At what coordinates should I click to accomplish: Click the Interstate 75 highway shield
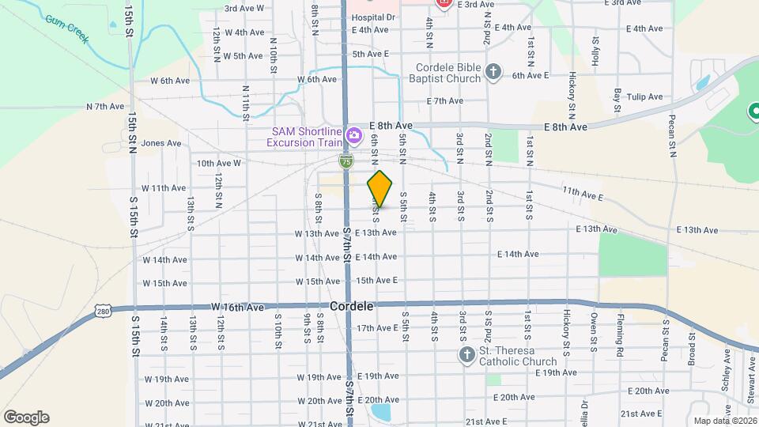[x=346, y=161]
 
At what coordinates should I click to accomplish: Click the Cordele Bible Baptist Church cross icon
[x=493, y=73]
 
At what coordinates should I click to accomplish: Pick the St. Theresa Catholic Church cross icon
[x=466, y=356]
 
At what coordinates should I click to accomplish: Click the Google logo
[x=26, y=417]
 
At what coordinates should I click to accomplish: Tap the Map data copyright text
[x=723, y=421]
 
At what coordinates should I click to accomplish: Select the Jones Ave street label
[x=162, y=143]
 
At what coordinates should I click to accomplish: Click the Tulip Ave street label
[x=644, y=96]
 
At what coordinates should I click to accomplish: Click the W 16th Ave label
[x=237, y=306]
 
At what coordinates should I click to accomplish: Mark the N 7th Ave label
[x=105, y=106]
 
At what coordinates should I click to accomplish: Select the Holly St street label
[x=596, y=49]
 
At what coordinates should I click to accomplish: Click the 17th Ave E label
[x=377, y=327]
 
